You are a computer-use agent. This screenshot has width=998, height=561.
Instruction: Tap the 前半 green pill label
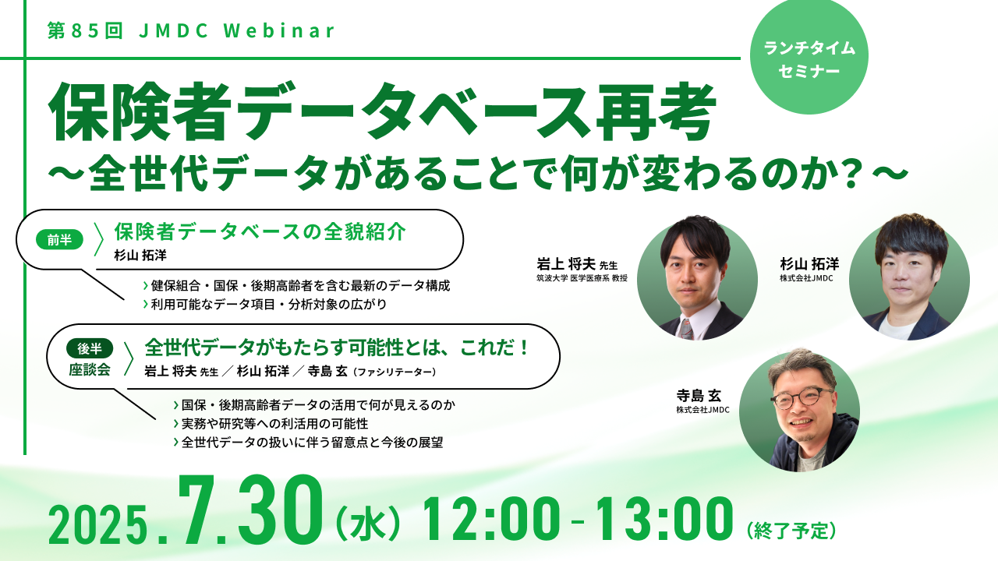[x=59, y=240]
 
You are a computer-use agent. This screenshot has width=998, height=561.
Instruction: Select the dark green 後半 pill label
[x=90, y=348]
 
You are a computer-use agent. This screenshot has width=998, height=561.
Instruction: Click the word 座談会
[x=90, y=370]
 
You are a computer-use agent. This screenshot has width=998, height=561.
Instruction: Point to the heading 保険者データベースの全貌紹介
[x=260, y=232]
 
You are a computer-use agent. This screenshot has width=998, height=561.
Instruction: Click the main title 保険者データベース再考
[x=382, y=111]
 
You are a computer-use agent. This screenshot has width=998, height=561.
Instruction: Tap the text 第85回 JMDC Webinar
[x=192, y=30]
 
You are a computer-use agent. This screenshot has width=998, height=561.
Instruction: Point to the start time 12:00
[x=491, y=519]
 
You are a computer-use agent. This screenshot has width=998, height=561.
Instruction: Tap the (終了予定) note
[x=791, y=531]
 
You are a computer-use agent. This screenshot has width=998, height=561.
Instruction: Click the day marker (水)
[x=367, y=525]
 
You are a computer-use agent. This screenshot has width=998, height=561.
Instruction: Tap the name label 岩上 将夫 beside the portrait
[x=566, y=264]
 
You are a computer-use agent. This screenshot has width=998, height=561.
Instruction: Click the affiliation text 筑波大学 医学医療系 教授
[x=582, y=279]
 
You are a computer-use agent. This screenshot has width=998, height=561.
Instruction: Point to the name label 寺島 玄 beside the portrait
[x=699, y=395]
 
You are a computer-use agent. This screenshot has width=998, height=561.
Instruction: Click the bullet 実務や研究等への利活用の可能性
[x=271, y=423]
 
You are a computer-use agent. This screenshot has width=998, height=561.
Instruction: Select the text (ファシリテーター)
[x=394, y=372]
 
